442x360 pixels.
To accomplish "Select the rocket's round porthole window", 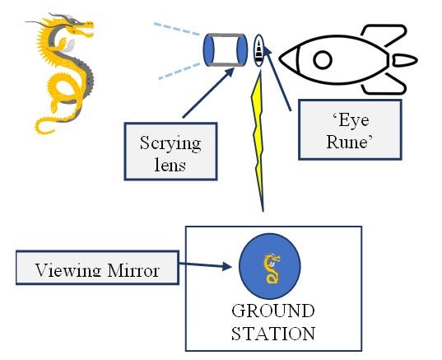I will [x=322, y=58].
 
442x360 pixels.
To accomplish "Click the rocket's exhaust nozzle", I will [x=404, y=60].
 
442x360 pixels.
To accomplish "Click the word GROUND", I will [x=272, y=311].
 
